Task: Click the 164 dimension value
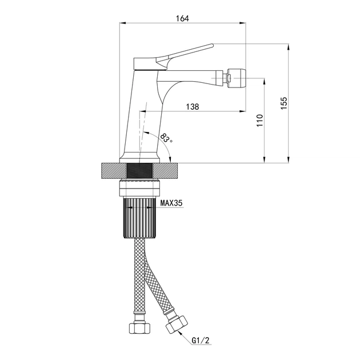(182, 18)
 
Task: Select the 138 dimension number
(193, 107)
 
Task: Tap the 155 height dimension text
(284, 103)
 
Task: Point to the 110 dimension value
(259, 121)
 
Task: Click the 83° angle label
(166, 138)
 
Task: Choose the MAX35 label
(171, 203)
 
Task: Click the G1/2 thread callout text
(201, 341)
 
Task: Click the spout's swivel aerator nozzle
(236, 78)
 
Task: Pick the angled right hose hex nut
(177, 324)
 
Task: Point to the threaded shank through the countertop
(140, 171)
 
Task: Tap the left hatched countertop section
(114, 171)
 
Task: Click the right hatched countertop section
(165, 171)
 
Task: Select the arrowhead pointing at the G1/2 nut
(179, 329)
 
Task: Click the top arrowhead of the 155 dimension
(289, 47)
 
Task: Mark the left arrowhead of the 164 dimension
(123, 23)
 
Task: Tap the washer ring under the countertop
(140, 188)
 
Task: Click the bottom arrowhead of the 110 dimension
(265, 160)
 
